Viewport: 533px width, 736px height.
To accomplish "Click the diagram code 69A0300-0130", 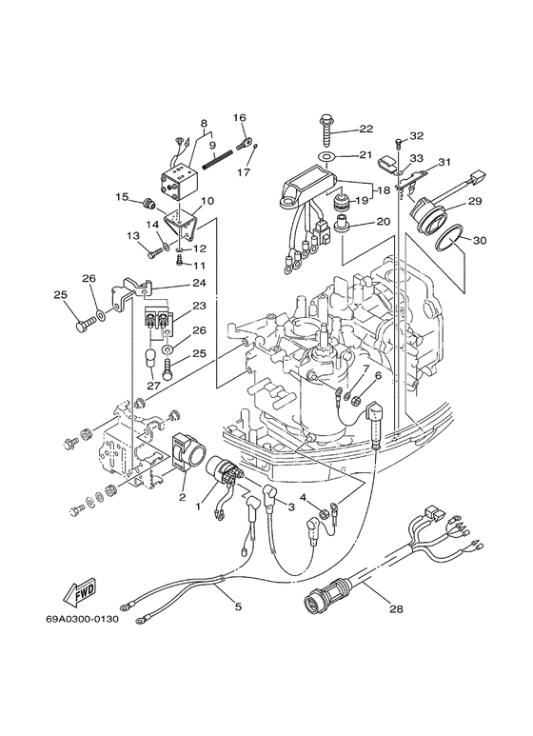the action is tap(82, 619).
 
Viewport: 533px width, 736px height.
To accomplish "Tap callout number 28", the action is tap(397, 609).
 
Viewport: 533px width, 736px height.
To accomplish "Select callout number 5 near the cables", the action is tap(238, 607).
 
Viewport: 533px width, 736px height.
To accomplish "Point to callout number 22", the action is tap(366, 129).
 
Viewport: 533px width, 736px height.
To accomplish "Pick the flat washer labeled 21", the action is tap(326, 156).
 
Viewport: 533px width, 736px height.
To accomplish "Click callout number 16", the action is tap(239, 117).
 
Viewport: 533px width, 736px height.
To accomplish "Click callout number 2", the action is tap(183, 497).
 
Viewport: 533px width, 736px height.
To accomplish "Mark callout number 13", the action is tap(133, 234).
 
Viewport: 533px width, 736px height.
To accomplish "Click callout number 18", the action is tap(384, 190).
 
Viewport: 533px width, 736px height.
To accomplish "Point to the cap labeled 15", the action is tap(148, 205).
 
